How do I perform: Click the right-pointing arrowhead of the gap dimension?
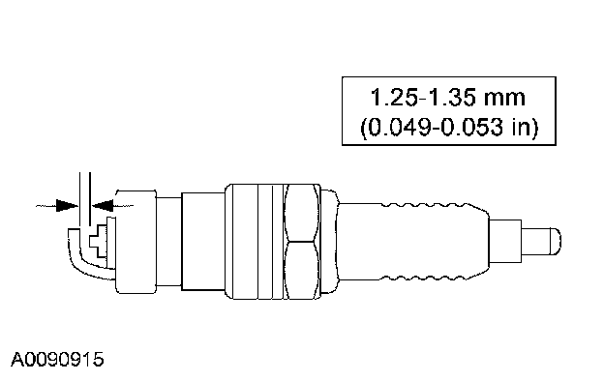67,206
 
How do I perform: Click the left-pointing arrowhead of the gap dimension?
102,206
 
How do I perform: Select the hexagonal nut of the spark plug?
303,242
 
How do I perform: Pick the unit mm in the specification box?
504,98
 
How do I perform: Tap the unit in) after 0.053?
525,127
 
